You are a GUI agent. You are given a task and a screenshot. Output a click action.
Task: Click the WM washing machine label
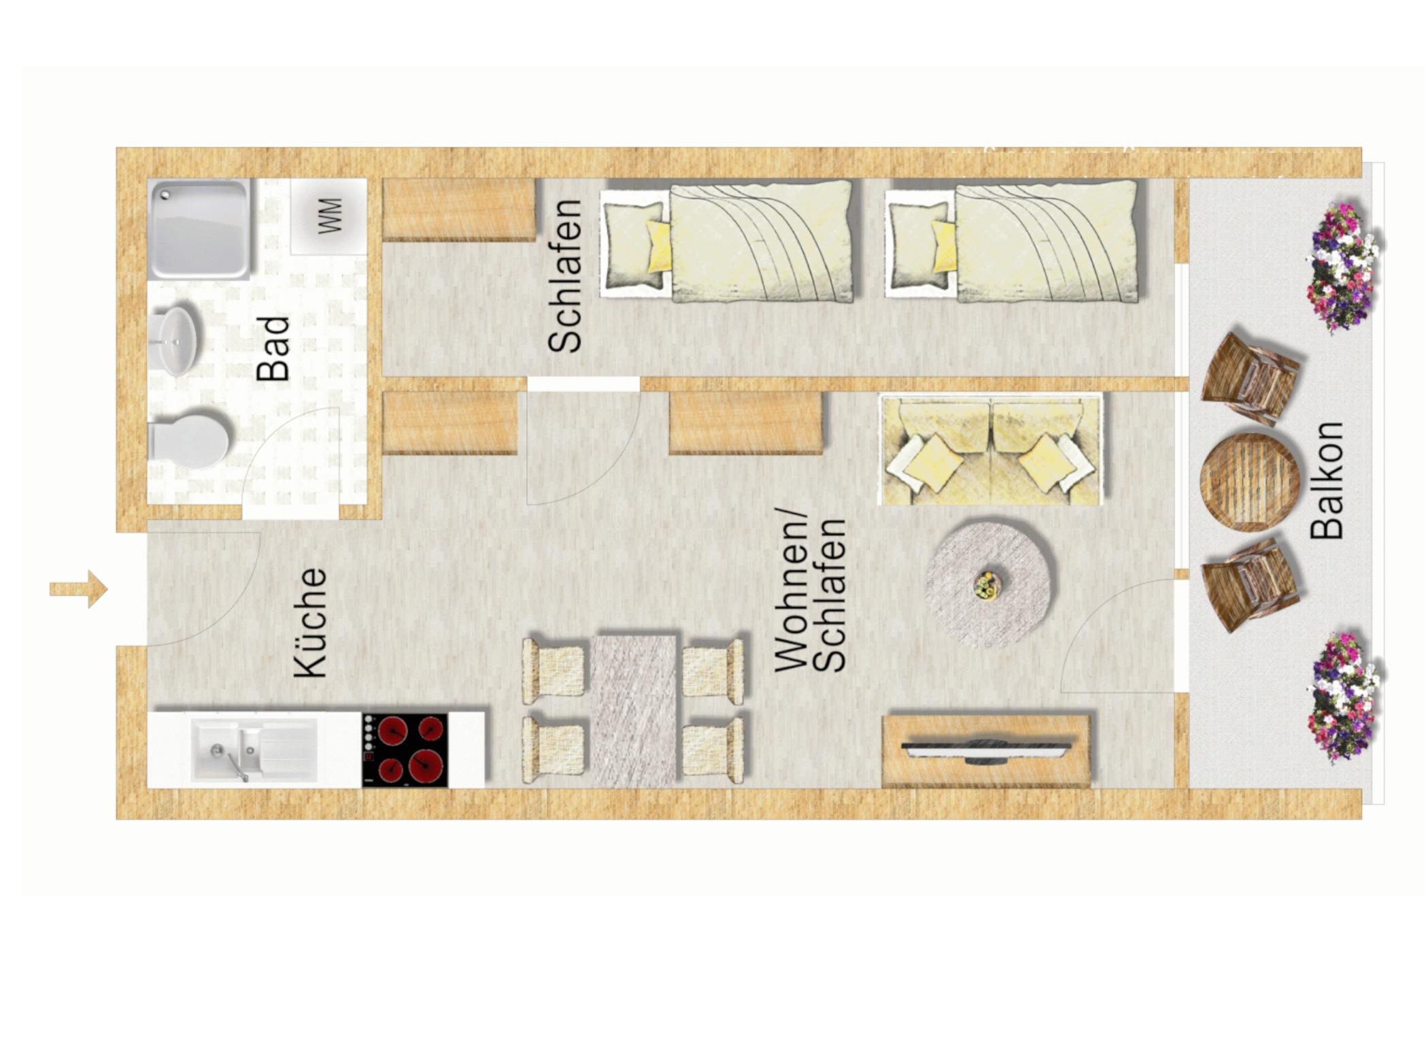[330, 216]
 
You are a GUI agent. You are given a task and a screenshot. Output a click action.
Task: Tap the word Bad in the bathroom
[273, 348]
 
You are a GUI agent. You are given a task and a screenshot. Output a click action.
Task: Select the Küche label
[311, 623]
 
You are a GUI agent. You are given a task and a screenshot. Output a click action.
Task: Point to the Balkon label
[1327, 480]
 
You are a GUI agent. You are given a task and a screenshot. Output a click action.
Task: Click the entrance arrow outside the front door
[78, 589]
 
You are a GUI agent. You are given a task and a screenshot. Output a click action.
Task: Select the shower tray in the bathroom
[199, 229]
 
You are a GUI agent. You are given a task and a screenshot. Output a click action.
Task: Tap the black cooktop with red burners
[405, 750]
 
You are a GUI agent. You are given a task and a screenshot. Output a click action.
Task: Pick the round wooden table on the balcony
[1250, 482]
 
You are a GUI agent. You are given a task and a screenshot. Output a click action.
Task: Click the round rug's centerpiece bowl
[987, 585]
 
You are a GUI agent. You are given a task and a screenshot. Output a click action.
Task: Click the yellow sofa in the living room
[991, 449]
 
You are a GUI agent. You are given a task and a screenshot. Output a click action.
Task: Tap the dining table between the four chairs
[634, 711]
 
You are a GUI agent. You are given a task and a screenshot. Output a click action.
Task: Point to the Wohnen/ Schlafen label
[810, 595]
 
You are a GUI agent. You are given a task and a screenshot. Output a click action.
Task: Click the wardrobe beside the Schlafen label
[459, 210]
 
